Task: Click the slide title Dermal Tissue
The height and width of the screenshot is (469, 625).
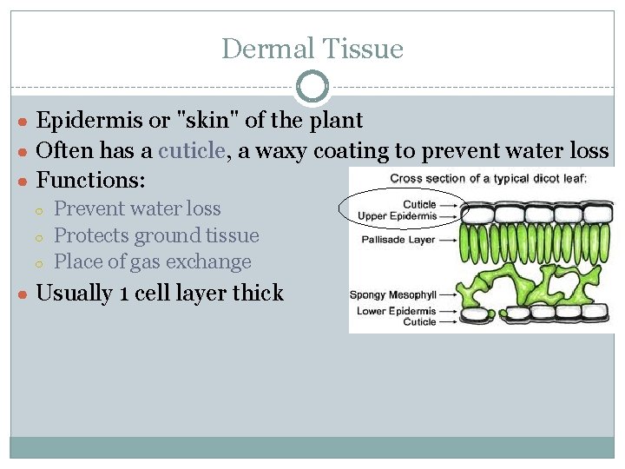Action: (312, 49)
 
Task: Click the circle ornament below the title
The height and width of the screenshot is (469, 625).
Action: (312, 87)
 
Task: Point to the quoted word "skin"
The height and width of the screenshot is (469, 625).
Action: (207, 120)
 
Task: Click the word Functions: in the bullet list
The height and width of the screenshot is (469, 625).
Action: (91, 181)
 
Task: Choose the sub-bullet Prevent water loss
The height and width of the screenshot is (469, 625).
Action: (137, 208)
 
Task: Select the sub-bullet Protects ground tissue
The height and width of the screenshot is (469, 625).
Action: (156, 235)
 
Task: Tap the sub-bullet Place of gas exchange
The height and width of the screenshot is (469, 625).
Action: (152, 261)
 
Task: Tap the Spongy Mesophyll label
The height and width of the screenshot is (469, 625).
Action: (392, 294)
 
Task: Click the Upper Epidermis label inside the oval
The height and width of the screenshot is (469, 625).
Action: (397, 215)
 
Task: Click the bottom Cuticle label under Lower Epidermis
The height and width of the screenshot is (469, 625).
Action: (419, 321)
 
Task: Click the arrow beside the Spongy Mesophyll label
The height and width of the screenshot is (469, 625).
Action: (451, 294)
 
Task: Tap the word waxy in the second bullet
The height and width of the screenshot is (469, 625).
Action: (283, 150)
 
